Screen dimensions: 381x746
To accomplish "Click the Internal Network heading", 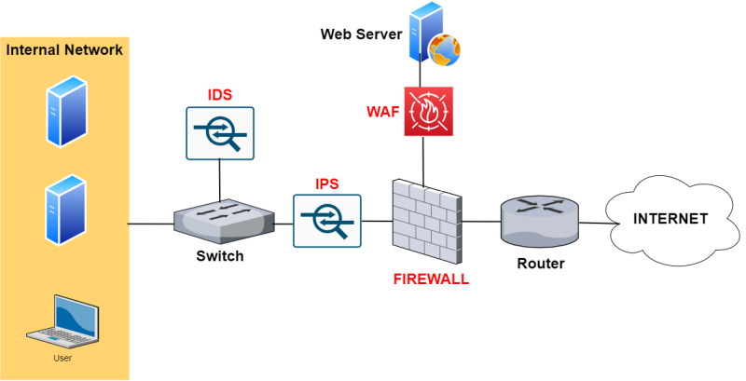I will click(64, 49).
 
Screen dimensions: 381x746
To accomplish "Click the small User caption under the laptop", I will click(62, 358).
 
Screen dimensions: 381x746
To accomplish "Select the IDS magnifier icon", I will click(219, 132).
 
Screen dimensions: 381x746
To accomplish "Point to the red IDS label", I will click(219, 95).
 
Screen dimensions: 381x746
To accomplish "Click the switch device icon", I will click(225, 218).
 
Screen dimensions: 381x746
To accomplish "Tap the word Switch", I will click(220, 256).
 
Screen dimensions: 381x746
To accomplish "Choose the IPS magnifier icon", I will click(326, 221).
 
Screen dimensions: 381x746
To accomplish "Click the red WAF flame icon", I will click(428, 112).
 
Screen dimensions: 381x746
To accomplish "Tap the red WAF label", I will click(382, 113).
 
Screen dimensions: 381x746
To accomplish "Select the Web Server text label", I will click(361, 34).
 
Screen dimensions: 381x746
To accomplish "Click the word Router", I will click(541, 264).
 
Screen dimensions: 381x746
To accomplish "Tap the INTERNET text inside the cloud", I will click(670, 219).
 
